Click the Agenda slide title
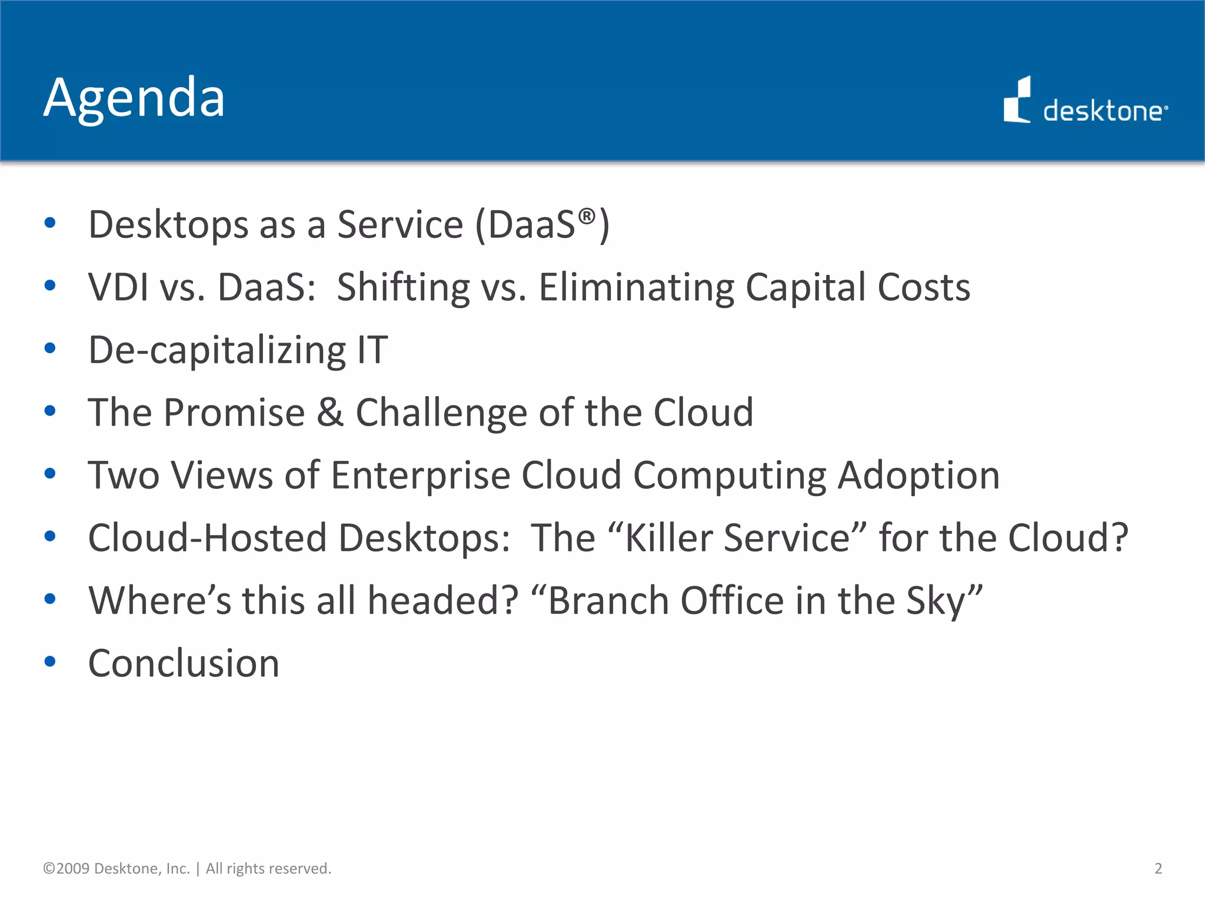pos(134,98)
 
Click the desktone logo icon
pos(1017,101)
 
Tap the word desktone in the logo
pos(1103,111)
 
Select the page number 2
pos(1158,868)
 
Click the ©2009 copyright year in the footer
pos(66,868)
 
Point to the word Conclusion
pos(184,663)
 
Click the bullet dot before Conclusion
pos(50,662)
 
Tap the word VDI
pos(118,287)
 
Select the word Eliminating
pos(637,287)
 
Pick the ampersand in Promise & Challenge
pos(330,413)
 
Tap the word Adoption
pos(918,476)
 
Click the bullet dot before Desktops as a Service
pos(50,223)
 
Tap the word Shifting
pos(404,287)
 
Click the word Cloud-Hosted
pos(207,538)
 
